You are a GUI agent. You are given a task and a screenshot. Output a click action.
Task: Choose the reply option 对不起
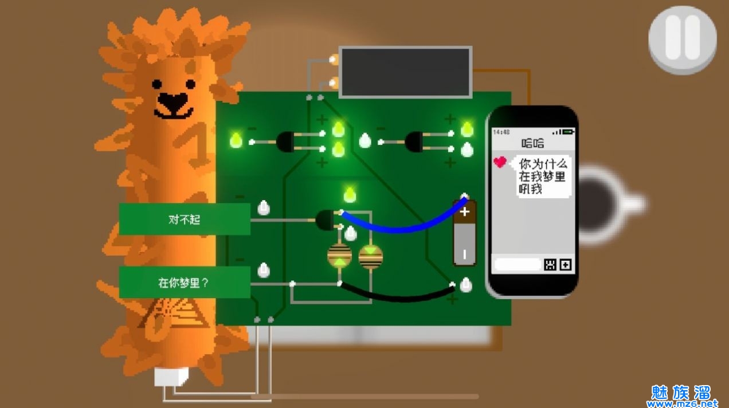click(185, 219)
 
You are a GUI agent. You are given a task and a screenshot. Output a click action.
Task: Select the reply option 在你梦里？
click(185, 283)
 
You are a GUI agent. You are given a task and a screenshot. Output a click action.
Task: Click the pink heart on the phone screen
click(500, 162)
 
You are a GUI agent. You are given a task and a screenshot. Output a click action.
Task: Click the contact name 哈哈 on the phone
click(532, 143)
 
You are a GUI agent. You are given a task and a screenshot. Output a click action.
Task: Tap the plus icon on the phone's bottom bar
click(566, 265)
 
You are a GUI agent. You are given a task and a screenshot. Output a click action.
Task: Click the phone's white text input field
click(517, 265)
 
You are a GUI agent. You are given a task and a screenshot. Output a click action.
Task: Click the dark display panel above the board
click(405, 72)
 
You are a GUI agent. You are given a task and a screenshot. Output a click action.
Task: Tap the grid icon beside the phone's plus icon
click(550, 265)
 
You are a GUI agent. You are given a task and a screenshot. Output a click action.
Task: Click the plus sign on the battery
click(464, 212)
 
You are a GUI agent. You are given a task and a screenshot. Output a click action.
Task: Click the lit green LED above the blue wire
click(350, 195)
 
